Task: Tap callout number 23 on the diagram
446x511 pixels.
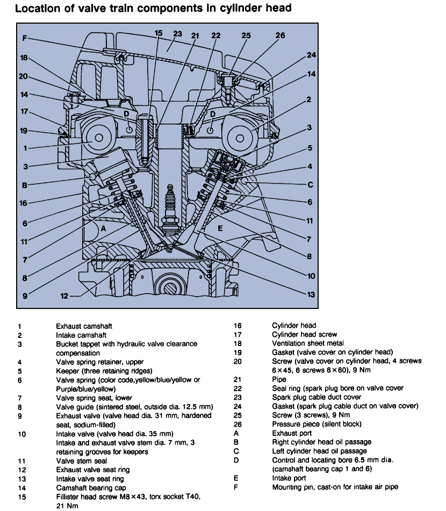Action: tap(177, 33)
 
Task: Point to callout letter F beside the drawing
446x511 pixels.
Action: tap(24, 38)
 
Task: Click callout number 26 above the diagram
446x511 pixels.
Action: tap(280, 35)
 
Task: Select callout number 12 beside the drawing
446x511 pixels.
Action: tap(63, 295)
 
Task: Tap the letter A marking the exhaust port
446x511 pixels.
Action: tap(103, 228)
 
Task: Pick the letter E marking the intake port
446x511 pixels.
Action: tap(220, 228)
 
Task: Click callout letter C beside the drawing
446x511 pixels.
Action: tap(310, 184)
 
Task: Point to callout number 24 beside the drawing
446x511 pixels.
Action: tap(312, 55)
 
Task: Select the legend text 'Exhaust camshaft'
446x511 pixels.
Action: tap(84, 326)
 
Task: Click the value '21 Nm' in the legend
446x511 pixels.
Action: tap(67, 506)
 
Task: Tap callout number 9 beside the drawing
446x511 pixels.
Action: tap(24, 294)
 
